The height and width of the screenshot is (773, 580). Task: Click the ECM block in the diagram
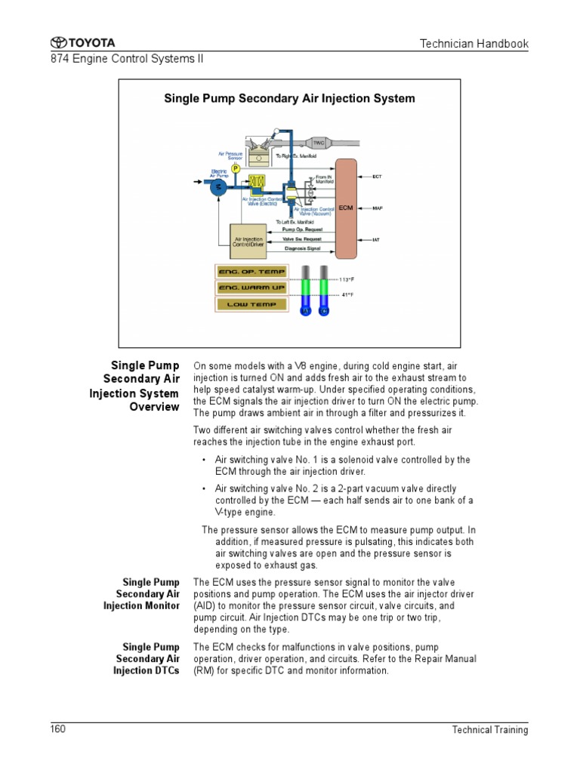347,208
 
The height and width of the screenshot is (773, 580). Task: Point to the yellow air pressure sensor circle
236,168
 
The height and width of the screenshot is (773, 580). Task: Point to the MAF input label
378,208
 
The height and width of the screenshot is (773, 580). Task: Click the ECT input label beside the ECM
378,177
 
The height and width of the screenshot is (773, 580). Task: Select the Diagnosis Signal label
302,248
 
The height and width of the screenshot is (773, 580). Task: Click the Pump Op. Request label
302,229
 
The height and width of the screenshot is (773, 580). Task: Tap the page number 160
59,728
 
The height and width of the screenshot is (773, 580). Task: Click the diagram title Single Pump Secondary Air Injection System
290,98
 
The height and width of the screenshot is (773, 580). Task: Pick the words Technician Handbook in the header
474,44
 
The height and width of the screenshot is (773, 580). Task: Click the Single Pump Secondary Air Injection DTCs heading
147,659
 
